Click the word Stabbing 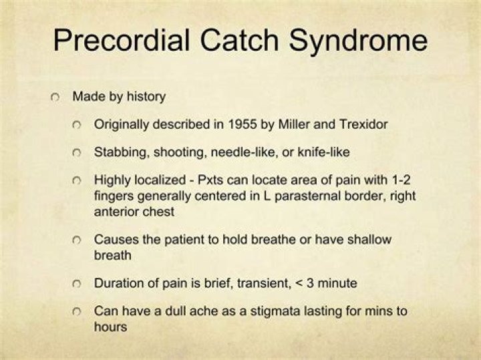(x=118, y=153)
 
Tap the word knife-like (x=324, y=153)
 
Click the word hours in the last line (x=110, y=327)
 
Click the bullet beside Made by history (x=55, y=97)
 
